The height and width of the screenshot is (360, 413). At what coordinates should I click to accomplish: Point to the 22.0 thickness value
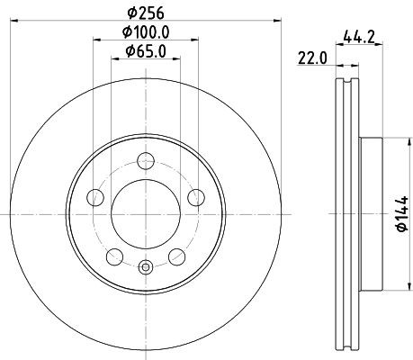tap(313, 60)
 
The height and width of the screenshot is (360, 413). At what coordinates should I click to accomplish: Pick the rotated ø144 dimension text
tap(398, 215)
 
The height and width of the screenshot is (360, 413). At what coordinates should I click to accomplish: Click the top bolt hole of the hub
tap(145, 162)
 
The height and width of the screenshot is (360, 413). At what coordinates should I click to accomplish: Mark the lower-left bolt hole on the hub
tap(114, 257)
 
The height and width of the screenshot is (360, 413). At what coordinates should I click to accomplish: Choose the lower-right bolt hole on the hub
tap(176, 257)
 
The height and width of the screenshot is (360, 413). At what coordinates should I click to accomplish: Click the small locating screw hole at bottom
tap(145, 265)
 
